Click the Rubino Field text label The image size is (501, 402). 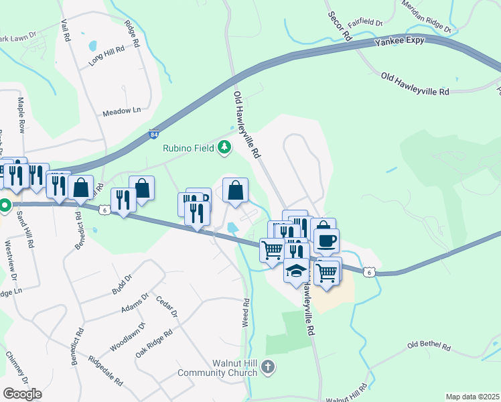[188, 149]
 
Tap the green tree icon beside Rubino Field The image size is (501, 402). [225, 147]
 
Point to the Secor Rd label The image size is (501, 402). [340, 27]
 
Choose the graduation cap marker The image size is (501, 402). [296, 271]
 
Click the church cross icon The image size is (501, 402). [267, 366]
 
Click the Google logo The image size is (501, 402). [22, 393]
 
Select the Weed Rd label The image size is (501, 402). [246, 312]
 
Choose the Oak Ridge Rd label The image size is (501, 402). [153, 342]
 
